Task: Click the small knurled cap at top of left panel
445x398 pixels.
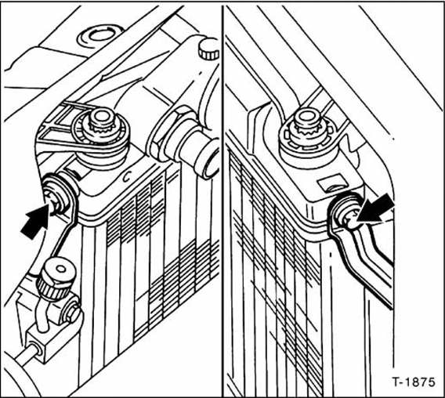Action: pyautogui.click(x=208, y=49)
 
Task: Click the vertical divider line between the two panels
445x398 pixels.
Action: pyautogui.click(x=223, y=196)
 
